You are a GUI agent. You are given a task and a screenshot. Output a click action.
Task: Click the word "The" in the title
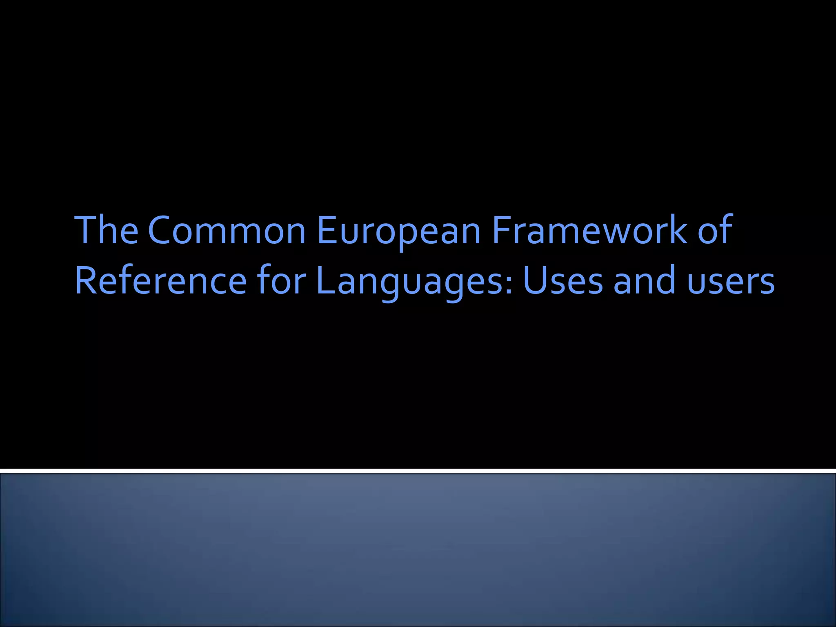tap(107, 230)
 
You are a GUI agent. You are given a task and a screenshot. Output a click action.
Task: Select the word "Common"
tap(227, 230)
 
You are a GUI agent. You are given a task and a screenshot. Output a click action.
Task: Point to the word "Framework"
tap(589, 230)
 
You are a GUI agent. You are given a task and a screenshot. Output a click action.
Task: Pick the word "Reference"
tap(161, 281)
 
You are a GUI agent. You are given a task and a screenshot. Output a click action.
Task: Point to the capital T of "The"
tap(86, 230)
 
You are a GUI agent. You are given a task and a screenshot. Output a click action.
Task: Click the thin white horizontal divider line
tap(418, 471)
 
